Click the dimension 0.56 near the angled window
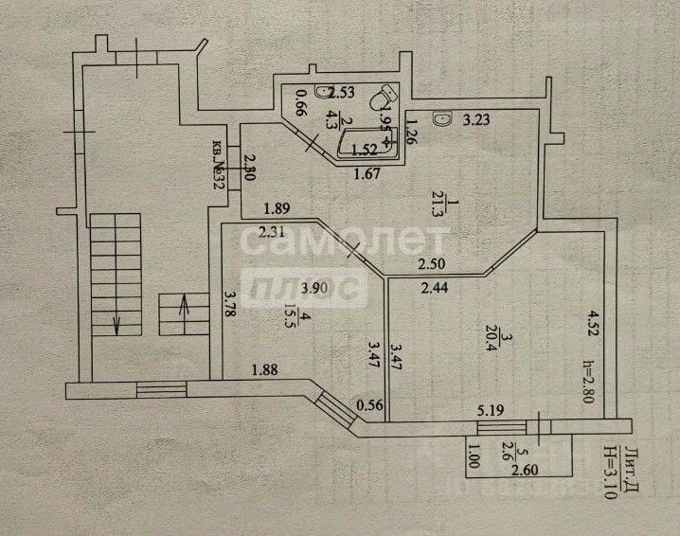click(369, 407)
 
